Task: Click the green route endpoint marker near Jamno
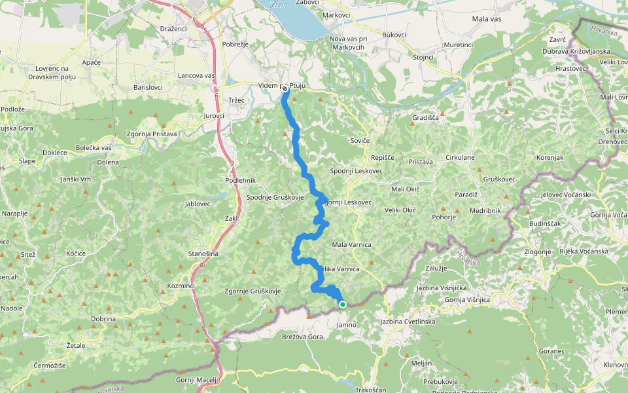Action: tap(342, 304)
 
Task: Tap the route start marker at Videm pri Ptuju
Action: tap(285, 90)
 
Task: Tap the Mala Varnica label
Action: tap(351, 244)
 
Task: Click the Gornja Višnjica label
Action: tap(467, 299)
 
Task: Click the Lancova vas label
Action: tap(196, 76)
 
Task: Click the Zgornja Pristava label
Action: tap(152, 134)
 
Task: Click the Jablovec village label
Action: tap(198, 204)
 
